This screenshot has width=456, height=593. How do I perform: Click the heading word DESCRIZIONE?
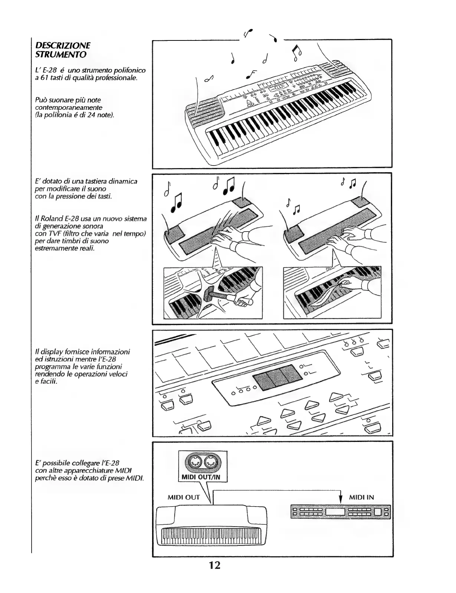62,46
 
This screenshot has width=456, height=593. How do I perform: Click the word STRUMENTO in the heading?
60,55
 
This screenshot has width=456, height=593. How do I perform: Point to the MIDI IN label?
361,497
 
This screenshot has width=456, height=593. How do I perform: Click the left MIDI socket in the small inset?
195,463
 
